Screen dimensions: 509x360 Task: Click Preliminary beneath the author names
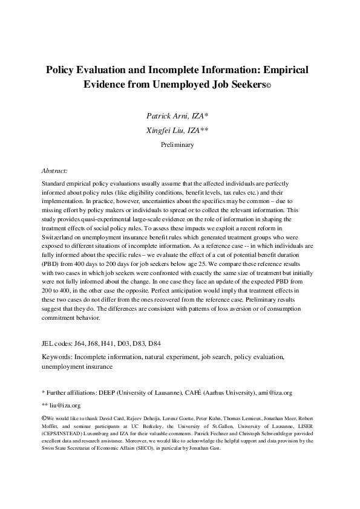tap(180, 145)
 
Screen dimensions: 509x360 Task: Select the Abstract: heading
tap(54, 171)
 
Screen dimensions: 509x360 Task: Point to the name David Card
tap(105, 418)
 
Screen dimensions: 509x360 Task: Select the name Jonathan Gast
tap(209, 449)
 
